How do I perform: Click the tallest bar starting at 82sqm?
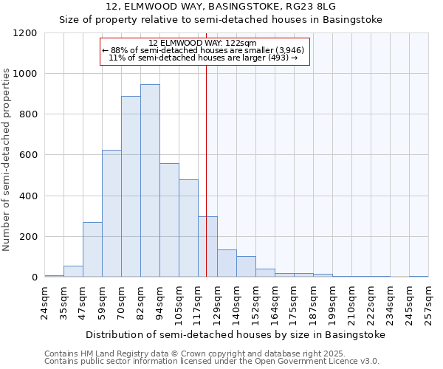(150, 181)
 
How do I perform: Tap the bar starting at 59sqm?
(111, 214)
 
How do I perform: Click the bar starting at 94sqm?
(169, 221)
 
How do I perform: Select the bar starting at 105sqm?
(188, 229)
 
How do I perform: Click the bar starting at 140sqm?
(246, 266)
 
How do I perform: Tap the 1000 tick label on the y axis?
(24, 74)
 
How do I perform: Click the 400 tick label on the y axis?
(27, 196)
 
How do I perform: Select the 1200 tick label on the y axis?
(24, 33)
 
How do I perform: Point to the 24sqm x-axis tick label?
(44, 301)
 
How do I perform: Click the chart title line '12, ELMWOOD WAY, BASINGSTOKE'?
(221, 7)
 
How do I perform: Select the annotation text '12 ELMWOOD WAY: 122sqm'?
(202, 44)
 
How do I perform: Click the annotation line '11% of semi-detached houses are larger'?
(202, 58)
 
